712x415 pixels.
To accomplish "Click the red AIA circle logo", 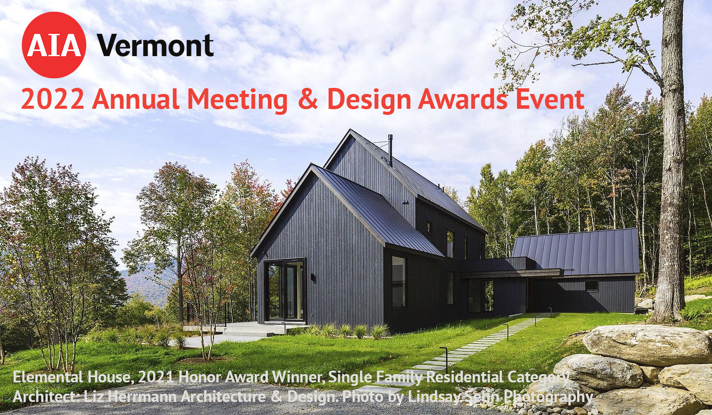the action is (54, 45).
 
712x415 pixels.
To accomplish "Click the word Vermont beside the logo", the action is (155, 45).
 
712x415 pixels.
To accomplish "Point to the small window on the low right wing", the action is (591, 286).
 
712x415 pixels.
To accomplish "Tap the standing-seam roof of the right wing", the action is (575, 252).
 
